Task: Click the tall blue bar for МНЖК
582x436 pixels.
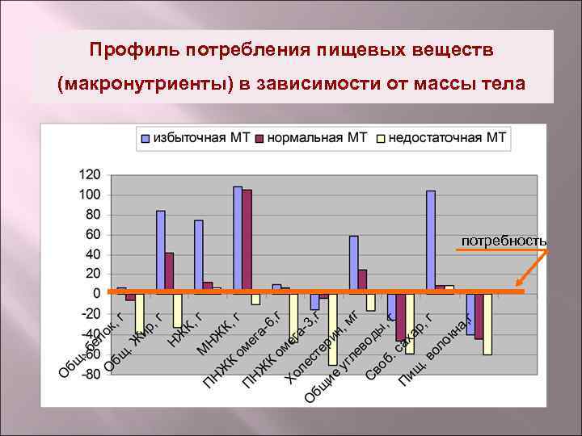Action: (x=238, y=238)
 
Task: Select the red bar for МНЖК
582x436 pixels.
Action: (x=247, y=240)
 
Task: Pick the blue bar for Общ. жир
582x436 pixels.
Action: (x=160, y=250)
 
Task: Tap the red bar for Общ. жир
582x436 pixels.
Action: (x=169, y=271)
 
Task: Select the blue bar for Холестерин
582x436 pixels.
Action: (x=314, y=300)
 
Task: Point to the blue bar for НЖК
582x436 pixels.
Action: (x=199, y=255)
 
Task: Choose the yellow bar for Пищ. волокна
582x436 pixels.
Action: (x=487, y=323)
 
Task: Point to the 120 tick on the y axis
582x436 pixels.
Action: (x=89, y=174)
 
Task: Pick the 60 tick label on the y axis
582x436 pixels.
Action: (x=92, y=234)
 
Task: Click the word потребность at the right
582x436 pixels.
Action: (x=504, y=241)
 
